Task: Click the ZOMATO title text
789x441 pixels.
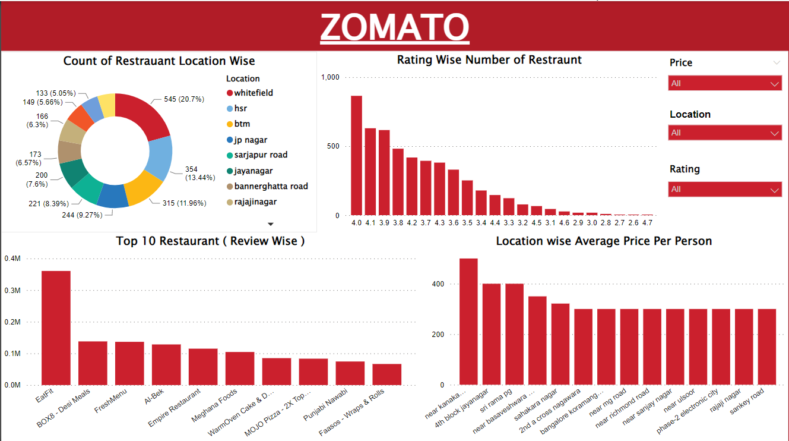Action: point(395,27)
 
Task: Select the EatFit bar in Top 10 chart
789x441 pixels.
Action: point(56,327)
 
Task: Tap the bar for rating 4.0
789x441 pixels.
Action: point(356,155)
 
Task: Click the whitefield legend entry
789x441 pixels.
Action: point(253,93)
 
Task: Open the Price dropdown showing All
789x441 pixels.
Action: point(724,84)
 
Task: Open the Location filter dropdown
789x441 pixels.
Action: point(724,133)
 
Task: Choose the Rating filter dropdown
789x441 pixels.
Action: point(724,190)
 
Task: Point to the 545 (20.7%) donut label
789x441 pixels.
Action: point(184,99)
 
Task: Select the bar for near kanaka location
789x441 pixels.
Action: point(468,321)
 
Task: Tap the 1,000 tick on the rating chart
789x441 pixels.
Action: point(330,77)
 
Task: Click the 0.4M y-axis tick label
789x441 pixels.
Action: point(12,259)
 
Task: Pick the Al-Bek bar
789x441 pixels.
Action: point(166,364)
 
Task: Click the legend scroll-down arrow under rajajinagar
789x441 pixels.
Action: point(271,224)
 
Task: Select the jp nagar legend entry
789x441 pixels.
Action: point(250,140)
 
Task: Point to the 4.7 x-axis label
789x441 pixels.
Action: point(647,223)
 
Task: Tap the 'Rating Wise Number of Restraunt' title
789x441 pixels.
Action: point(489,60)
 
